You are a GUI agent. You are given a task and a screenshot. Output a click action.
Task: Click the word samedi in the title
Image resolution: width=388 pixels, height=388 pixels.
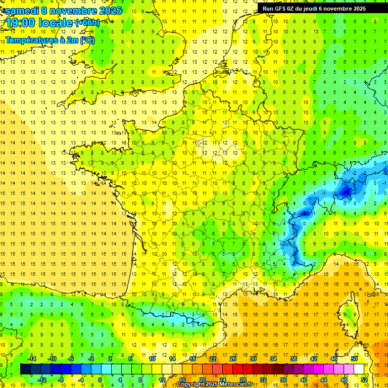pyautogui.click(x=21, y=10)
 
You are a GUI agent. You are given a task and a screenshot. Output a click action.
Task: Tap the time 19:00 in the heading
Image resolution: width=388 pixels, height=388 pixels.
pyautogui.click(x=22, y=23)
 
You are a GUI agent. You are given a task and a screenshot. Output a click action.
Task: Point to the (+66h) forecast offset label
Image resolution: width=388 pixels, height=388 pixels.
pyautogui.click(x=87, y=23)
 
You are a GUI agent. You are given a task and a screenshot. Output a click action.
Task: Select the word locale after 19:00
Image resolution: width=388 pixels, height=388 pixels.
pyautogui.click(x=57, y=23)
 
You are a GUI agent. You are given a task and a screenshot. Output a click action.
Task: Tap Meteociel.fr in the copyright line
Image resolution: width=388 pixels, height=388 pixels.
pyautogui.click(x=235, y=384)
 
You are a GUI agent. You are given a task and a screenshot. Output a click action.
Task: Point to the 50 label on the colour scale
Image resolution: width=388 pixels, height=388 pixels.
pyautogui.click(x=354, y=358)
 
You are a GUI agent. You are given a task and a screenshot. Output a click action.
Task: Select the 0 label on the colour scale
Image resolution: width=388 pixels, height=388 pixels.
pyautogui.click(x=100, y=380)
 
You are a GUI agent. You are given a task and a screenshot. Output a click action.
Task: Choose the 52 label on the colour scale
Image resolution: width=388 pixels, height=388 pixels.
pyautogui.click(x=365, y=380)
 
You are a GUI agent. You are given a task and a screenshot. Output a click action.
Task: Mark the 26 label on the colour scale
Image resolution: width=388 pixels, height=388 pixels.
pyautogui.click(x=233, y=358)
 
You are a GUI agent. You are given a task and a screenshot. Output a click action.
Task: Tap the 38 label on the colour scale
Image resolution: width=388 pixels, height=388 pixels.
pyautogui.click(x=294, y=358)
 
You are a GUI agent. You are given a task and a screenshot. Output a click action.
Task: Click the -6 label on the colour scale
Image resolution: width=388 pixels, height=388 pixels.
pyautogui.click(x=71, y=358)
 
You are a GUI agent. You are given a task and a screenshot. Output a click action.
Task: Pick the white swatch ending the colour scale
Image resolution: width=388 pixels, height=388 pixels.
pyautogui.click(x=359, y=369)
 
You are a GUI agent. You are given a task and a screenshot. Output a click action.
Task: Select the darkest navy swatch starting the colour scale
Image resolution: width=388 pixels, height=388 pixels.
pyautogui.click(x=25, y=369)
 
